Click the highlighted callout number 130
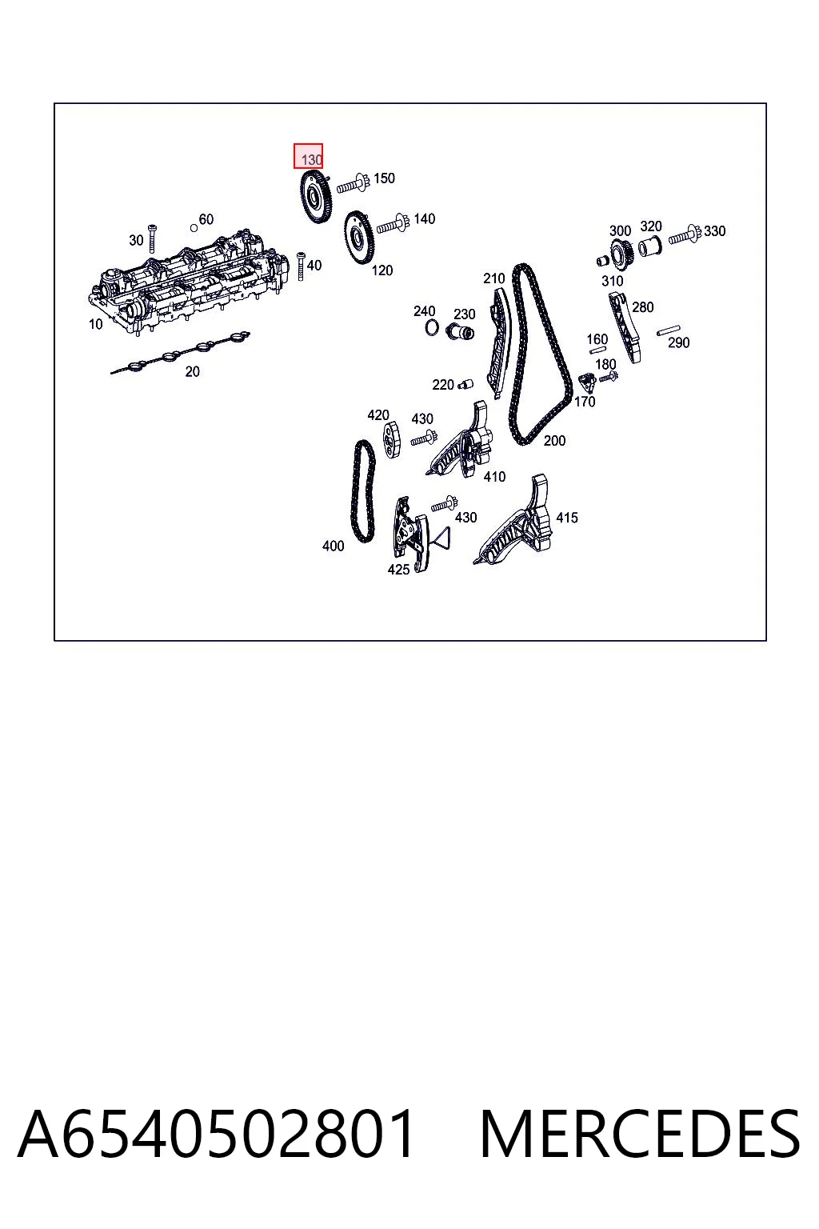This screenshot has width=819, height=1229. coord(311,160)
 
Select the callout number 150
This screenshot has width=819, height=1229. coord(384,178)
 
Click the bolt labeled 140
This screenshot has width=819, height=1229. coord(394,224)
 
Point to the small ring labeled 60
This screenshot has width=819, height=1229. coord(194,228)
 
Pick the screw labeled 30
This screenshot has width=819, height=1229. coord(152,238)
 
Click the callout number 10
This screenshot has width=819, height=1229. coord(95,324)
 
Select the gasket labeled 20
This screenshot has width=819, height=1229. coord(180,353)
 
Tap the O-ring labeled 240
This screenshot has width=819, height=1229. coord(432,327)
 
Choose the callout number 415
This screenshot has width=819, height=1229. coord(567,518)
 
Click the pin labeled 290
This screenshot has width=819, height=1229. coord(669,330)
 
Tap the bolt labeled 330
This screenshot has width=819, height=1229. coord(685,234)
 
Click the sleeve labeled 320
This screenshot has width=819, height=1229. coord(650,247)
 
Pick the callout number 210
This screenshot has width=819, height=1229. coord(493,278)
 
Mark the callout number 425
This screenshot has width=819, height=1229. coord(398,570)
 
